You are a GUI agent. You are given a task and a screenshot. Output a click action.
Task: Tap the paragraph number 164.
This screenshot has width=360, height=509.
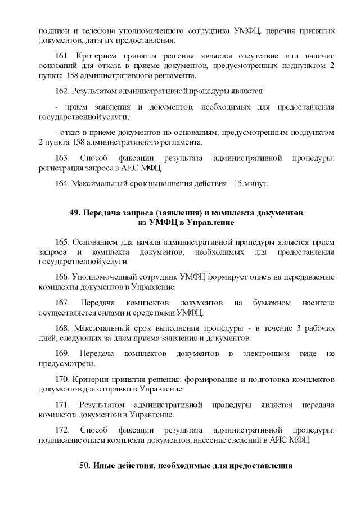pos(62,183)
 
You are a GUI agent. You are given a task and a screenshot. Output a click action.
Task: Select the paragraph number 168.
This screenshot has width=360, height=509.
pos(62,328)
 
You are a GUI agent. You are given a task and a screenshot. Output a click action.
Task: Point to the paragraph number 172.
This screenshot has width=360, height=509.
pos(62,430)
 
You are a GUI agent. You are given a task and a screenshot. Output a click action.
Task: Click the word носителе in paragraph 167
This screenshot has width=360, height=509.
pos(317,303)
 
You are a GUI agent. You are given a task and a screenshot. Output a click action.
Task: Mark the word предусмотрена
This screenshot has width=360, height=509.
pos(64,363)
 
